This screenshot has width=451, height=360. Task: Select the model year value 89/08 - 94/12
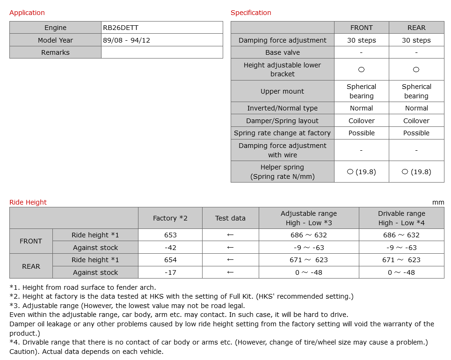[126, 40]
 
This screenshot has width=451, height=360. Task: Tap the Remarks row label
[55, 52]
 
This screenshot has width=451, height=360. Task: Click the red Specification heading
[251, 13]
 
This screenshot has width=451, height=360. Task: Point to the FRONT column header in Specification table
[361, 28]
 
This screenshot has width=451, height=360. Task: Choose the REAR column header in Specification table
[416, 28]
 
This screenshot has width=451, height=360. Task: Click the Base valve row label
[282, 52]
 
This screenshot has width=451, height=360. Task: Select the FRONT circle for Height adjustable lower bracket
[361, 69]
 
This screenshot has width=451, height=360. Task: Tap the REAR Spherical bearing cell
[416, 91]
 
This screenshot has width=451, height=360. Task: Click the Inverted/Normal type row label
[282, 108]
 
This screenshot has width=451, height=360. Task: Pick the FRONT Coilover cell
[361, 121]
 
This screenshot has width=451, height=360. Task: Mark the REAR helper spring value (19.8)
[416, 172]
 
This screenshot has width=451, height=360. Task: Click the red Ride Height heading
[28, 202]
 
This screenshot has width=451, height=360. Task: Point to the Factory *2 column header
[170, 218]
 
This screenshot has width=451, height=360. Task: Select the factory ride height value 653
[170, 235]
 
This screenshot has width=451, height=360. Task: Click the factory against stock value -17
[170, 272]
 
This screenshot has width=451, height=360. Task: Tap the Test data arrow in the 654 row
[230, 260]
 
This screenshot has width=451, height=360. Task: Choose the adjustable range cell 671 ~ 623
[309, 260]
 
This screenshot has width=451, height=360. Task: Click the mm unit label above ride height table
[438, 202]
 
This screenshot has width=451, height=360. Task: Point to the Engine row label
[55, 28]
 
